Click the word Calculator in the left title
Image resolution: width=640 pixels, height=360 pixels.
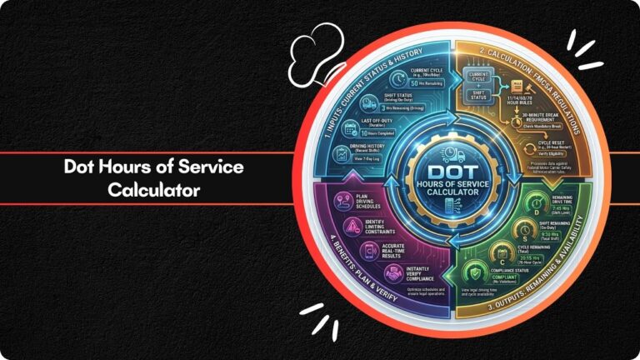click(x=153, y=189)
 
